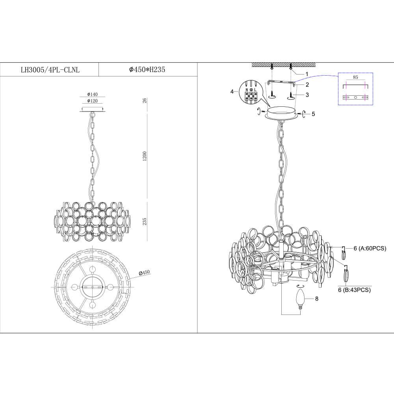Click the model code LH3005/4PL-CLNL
50,70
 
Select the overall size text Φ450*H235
147,70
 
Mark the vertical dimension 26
145,101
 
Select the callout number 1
306,74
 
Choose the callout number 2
307,84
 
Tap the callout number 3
307,95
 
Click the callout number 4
232,92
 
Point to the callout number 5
313,114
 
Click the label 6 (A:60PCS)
370,248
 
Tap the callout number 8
316,299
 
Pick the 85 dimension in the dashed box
355,78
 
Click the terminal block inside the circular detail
251,95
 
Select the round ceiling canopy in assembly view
281,113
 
